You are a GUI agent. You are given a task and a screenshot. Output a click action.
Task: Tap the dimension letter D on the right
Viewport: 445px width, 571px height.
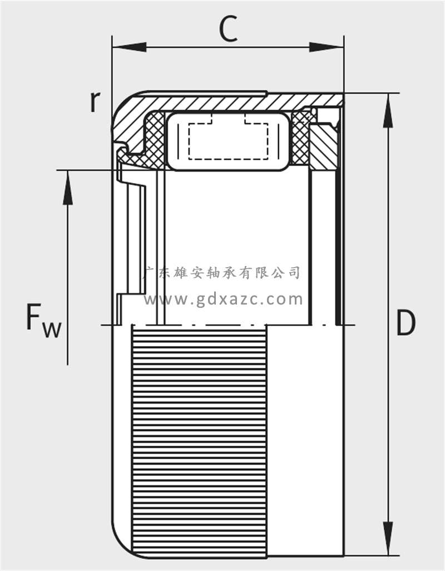[x=406, y=323]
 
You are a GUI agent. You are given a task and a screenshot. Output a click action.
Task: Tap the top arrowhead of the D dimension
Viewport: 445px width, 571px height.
[x=388, y=111]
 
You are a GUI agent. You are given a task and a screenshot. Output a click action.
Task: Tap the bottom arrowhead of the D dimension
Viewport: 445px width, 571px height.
[x=388, y=538]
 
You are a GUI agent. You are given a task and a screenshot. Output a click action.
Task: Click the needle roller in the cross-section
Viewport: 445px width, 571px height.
[x=228, y=140]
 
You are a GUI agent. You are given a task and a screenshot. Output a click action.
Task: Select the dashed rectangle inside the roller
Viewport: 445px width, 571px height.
[x=229, y=139]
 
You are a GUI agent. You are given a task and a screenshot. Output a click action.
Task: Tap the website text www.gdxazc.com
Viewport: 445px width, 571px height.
[x=223, y=299]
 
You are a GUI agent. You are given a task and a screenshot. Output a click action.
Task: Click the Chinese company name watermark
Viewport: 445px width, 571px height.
[x=222, y=272]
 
